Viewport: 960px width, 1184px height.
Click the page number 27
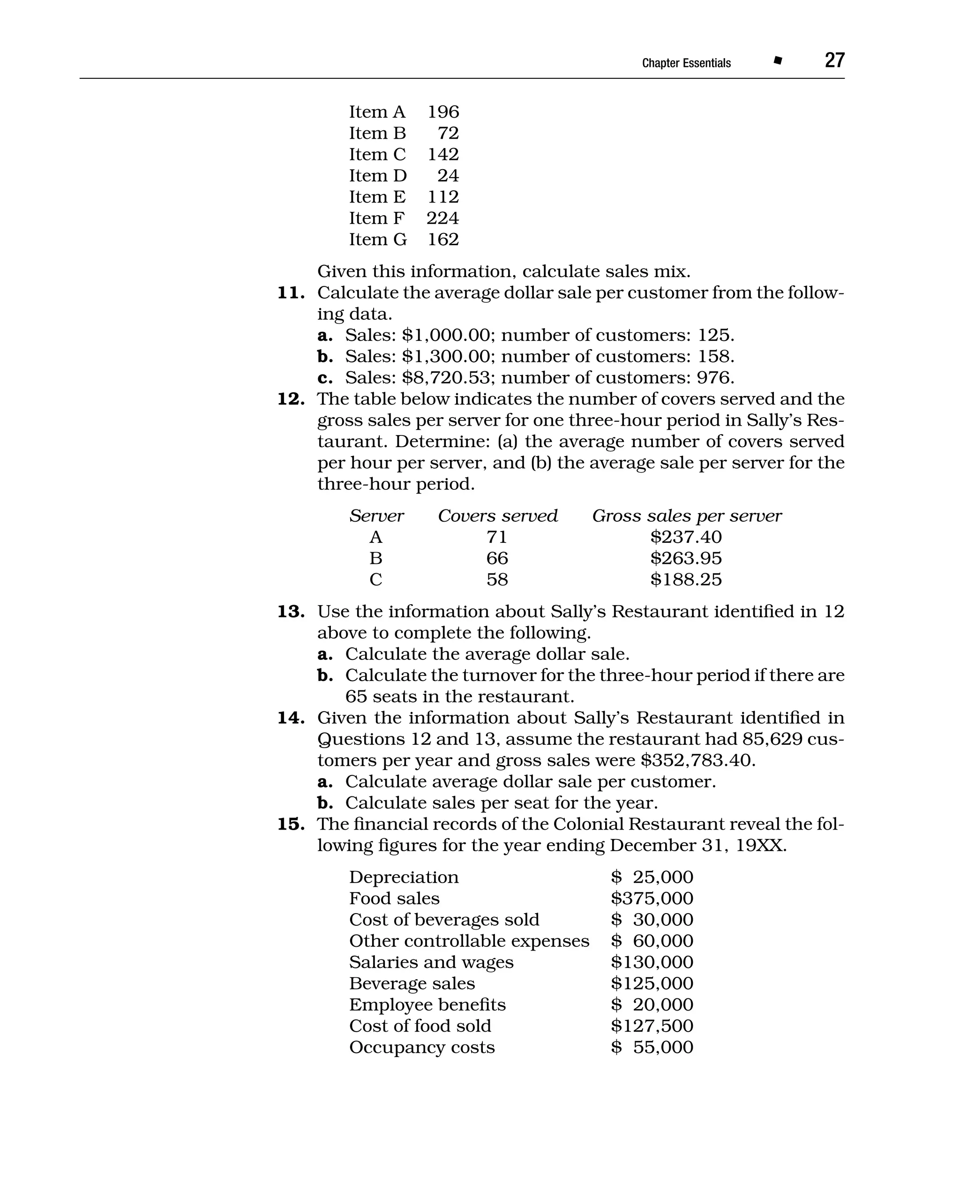tap(834, 60)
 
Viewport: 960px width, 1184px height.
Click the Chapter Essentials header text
tap(686, 63)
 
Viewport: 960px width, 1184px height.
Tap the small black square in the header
tap(778, 61)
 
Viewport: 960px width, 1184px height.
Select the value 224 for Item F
tap(442, 218)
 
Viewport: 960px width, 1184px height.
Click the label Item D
tap(378, 175)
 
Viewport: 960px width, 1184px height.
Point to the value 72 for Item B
tap(448, 133)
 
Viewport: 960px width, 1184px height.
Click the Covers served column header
tap(498, 516)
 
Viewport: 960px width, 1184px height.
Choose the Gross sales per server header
tap(687, 516)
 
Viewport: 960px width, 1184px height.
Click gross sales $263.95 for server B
tap(686, 558)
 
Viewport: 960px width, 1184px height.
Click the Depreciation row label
tap(404, 877)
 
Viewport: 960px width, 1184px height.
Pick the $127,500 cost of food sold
tap(652, 1026)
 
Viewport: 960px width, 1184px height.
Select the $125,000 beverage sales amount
tap(652, 983)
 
